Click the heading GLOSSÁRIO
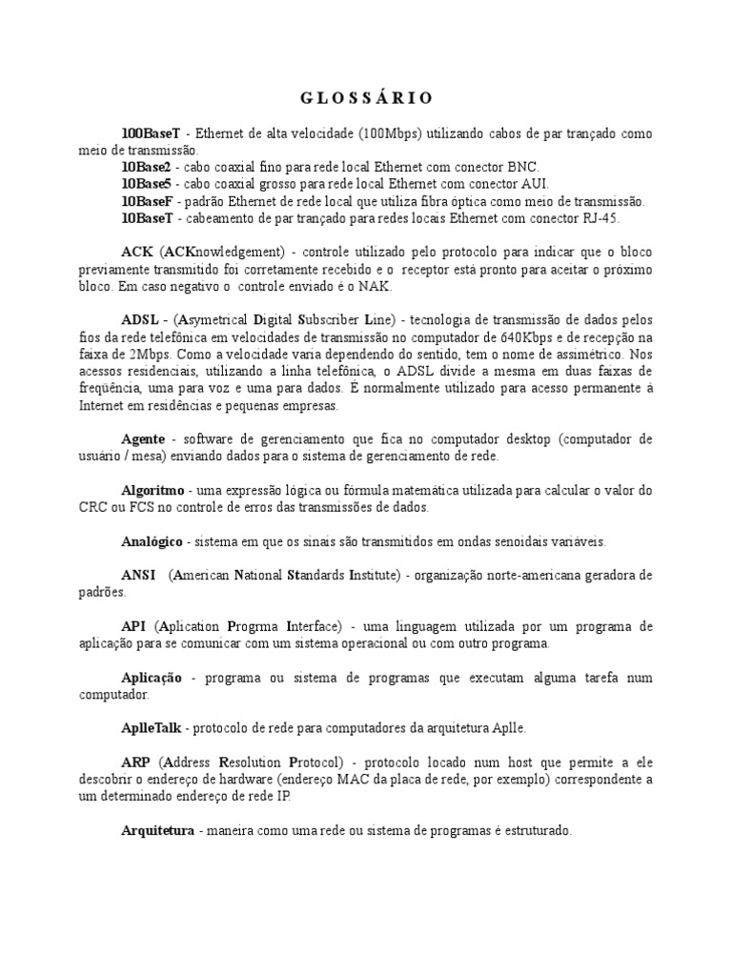[366, 98]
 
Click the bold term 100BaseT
[151, 133]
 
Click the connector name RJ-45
[600, 218]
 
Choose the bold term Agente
[143, 438]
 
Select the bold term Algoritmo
[152, 490]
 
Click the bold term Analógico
[153, 541]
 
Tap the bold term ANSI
[139, 575]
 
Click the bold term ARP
[136, 762]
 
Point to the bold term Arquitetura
[158, 830]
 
